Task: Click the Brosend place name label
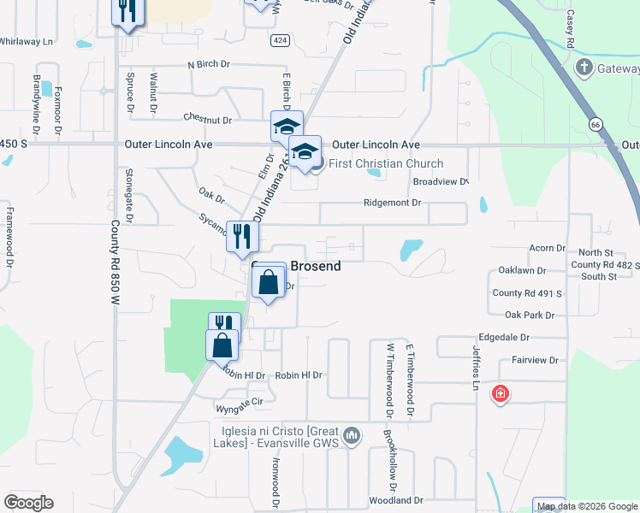tap(317, 266)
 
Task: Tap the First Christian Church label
tap(386, 164)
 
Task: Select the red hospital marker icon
tap(500, 394)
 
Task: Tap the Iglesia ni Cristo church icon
tap(351, 438)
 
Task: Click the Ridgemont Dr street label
tap(393, 203)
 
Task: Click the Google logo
tap(28, 503)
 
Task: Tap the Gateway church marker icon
tap(584, 68)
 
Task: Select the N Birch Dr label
tap(209, 64)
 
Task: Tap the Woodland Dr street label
tap(396, 500)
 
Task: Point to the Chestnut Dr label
tap(208, 120)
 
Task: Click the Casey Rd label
tap(569, 32)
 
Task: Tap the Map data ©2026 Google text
tap(587, 505)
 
